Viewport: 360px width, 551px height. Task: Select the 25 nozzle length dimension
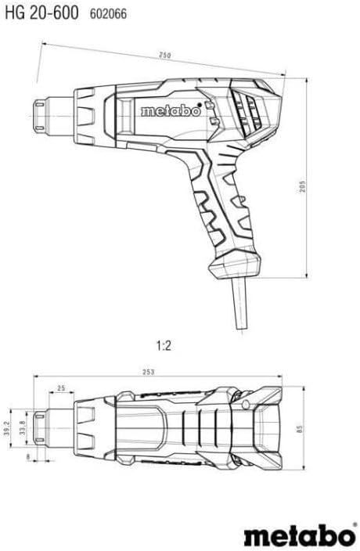(60, 389)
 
